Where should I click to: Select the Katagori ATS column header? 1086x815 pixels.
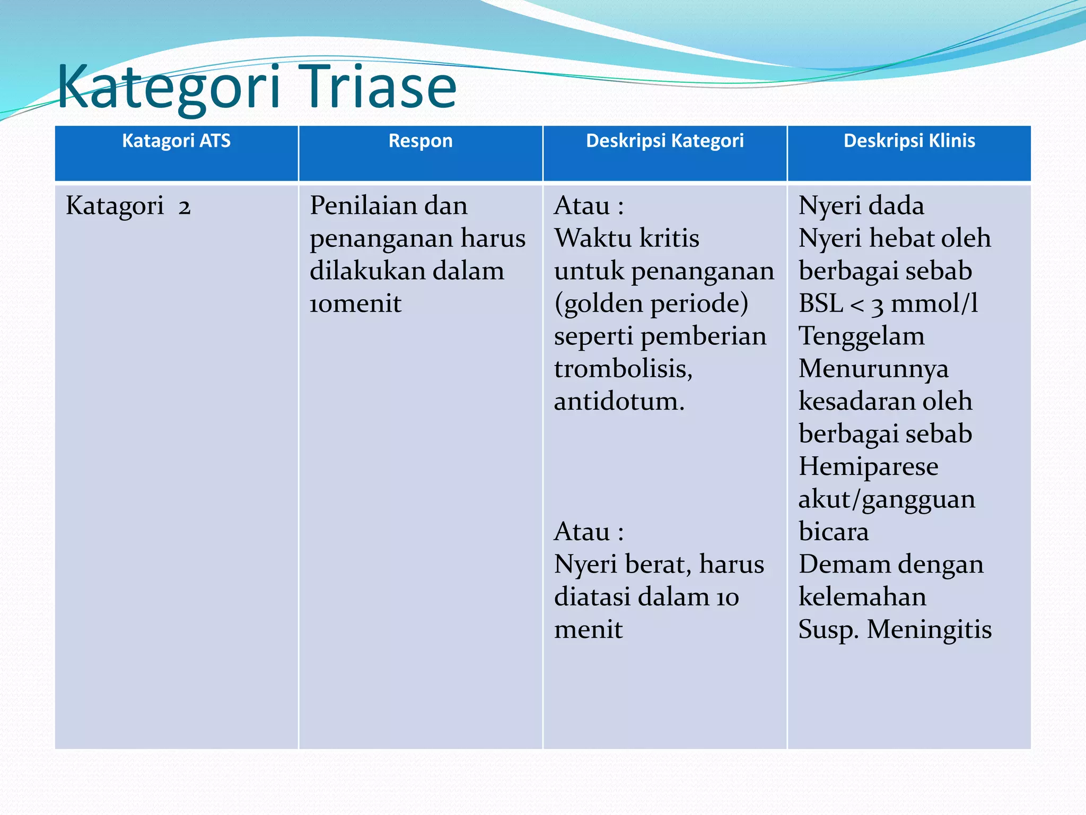176,141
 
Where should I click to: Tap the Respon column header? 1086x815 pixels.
421,141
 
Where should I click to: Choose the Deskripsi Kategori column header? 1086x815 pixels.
664,141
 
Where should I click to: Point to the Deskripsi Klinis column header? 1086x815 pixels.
909,141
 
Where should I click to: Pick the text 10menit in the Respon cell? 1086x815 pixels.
355,304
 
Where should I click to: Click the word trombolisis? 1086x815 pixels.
623,369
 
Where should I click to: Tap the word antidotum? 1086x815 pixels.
619,402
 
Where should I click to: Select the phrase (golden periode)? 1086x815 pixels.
651,304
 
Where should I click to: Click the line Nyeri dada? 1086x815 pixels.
861,206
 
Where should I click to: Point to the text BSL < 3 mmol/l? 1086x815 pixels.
888,304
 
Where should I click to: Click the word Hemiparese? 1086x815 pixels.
868,467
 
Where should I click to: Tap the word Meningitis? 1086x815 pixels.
929,630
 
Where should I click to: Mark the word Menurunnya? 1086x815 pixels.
873,369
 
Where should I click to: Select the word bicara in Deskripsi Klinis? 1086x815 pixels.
834,532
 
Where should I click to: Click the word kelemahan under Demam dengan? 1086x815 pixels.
862,597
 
